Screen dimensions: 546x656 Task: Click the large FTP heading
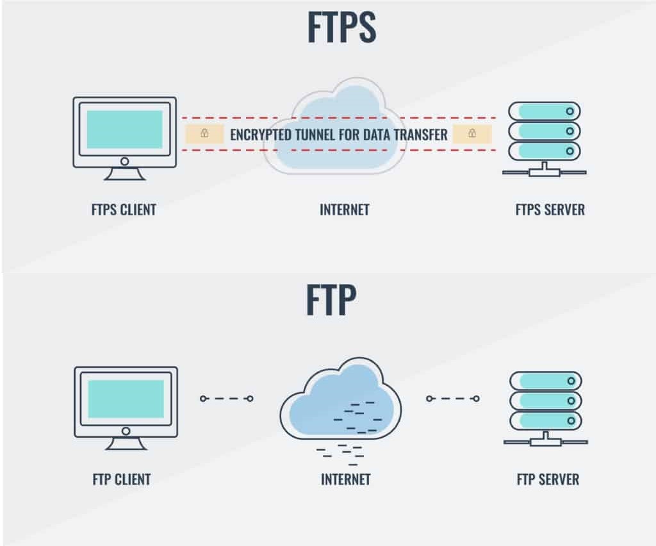coord(331,300)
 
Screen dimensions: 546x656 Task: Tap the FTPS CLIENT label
coord(124,210)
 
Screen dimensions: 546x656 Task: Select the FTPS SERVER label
coord(550,210)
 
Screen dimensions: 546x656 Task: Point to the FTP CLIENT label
coord(121,479)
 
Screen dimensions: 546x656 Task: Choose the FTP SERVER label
coord(548,479)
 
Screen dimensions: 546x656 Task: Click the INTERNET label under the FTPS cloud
coord(345,210)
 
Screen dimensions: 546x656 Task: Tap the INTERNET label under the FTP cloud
coord(345,479)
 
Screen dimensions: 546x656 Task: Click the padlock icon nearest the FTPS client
coord(204,134)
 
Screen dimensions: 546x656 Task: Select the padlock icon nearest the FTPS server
coord(472,134)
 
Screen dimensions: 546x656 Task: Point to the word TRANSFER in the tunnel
coord(418,135)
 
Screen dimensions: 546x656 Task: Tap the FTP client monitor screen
coord(126,399)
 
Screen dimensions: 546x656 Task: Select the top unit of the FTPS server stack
coord(544,112)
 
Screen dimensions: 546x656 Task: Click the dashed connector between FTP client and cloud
coord(226,399)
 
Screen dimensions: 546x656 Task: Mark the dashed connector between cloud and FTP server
coord(452,399)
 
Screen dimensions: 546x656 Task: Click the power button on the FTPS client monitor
coord(124,161)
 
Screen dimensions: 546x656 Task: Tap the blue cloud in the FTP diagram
coord(340,399)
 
